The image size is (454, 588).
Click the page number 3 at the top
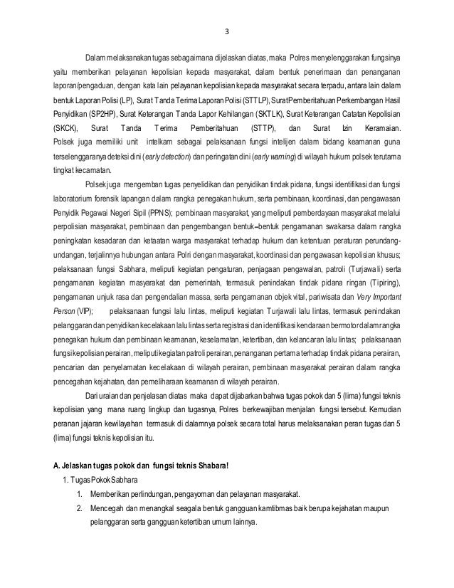228,30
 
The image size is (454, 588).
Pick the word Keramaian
378,129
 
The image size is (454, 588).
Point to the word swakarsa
320,226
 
